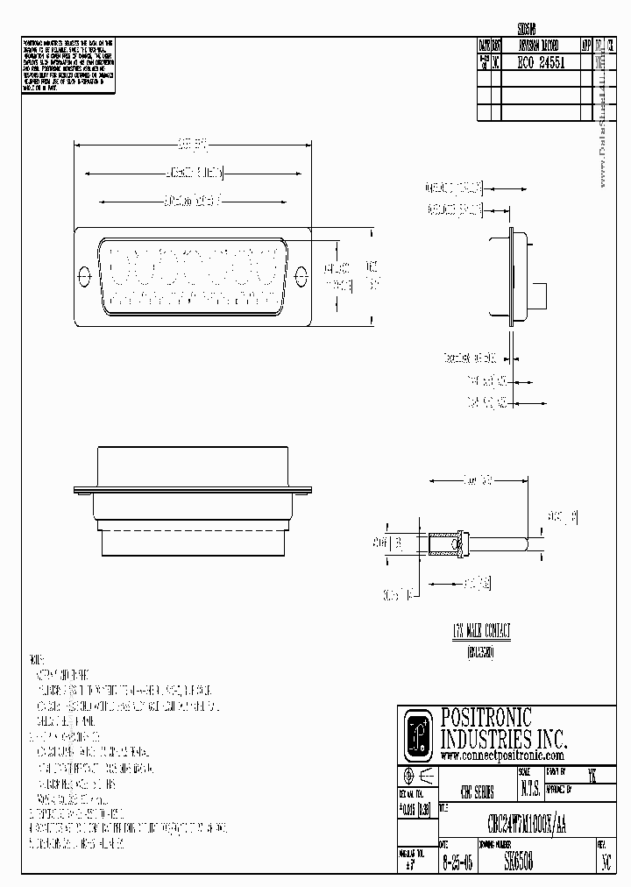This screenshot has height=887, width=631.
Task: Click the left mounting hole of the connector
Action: pyautogui.click(x=85, y=274)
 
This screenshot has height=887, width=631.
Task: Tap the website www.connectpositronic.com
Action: pyautogui.click(x=501, y=756)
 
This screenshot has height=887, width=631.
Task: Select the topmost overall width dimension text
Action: pyautogui.click(x=192, y=143)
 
